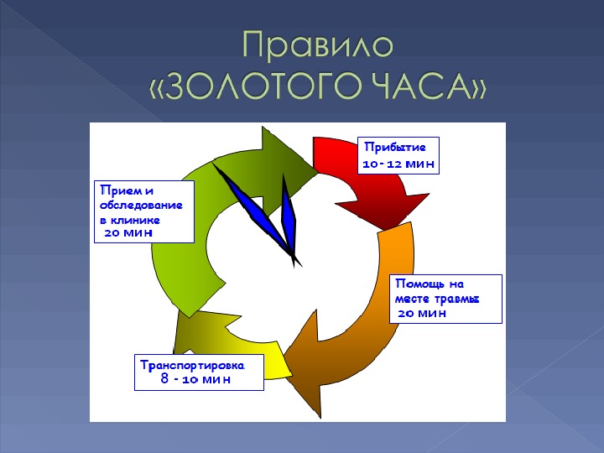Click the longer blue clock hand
pos(247,206)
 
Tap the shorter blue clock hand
pos(289,216)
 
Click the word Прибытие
pos(390,147)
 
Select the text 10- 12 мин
pos(398,164)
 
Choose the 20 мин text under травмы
pos(421,313)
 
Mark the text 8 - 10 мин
pos(195,380)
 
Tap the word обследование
pos(141,205)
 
